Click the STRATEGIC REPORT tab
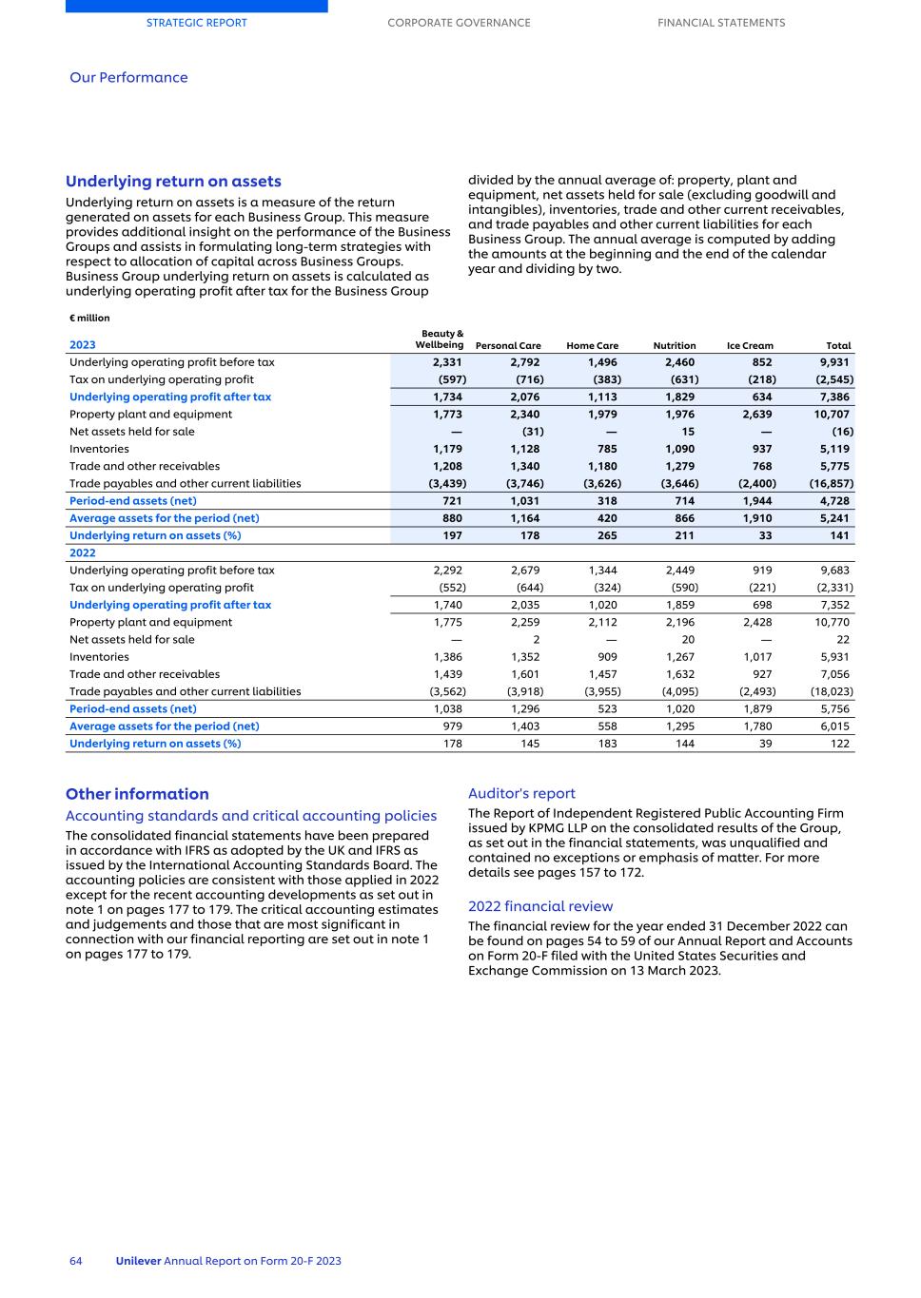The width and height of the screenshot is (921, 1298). tap(196, 23)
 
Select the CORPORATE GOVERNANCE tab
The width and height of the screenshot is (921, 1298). tap(459, 23)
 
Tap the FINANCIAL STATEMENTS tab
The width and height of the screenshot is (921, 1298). tap(721, 23)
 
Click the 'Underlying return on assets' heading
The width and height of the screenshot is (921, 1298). tap(173, 182)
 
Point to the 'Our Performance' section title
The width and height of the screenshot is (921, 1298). tap(128, 78)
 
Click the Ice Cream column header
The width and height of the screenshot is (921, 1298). tap(750, 346)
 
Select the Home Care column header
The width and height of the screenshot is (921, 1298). tap(592, 346)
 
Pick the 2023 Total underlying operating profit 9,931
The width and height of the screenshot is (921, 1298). tap(834, 362)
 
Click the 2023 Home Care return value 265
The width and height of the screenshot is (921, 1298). tap(606, 535)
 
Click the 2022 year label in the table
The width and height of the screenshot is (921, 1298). tap(83, 552)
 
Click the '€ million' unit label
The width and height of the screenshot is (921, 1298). tap(89, 319)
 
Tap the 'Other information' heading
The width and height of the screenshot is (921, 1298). tap(137, 794)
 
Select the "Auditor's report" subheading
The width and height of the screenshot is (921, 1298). tap(521, 793)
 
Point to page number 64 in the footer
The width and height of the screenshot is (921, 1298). tap(76, 1261)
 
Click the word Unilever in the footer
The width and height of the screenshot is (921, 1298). tap(138, 1261)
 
